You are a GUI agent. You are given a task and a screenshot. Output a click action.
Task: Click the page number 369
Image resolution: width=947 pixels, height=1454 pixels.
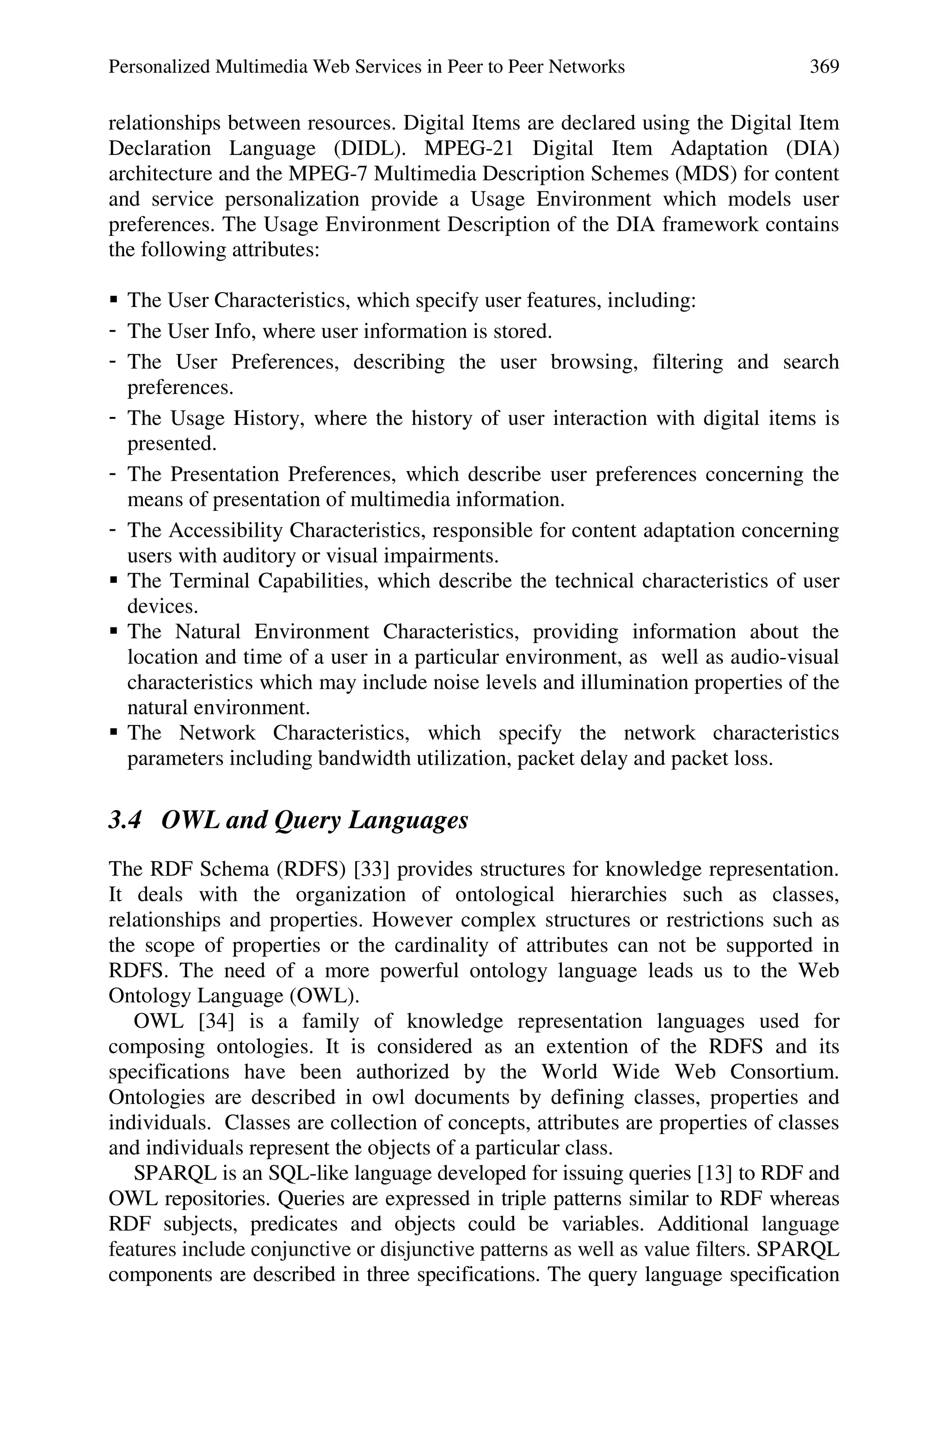tap(824, 67)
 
